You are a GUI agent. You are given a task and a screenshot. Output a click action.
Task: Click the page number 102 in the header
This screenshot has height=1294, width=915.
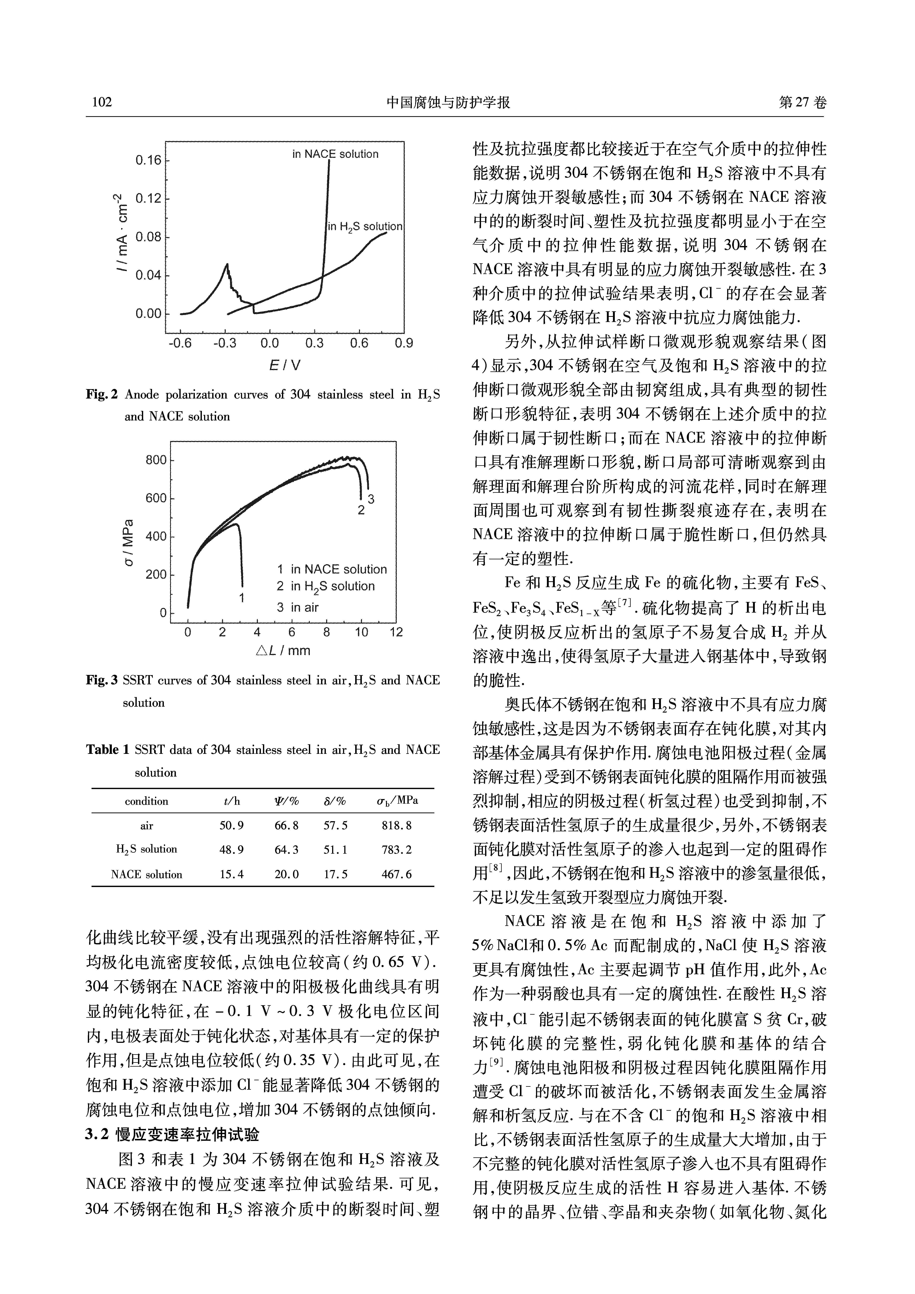(x=102, y=102)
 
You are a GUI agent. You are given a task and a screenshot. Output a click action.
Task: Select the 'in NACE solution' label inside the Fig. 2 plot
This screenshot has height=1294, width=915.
(x=335, y=154)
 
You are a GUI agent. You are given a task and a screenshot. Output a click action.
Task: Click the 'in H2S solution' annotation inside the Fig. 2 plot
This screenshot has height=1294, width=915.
(x=365, y=227)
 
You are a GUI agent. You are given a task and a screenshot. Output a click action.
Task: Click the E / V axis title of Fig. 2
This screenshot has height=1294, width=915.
(x=285, y=365)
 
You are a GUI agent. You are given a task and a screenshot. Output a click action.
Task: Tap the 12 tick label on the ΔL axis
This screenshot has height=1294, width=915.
(x=396, y=632)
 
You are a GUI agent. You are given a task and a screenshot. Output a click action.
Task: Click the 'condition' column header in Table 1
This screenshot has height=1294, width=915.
(x=147, y=801)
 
